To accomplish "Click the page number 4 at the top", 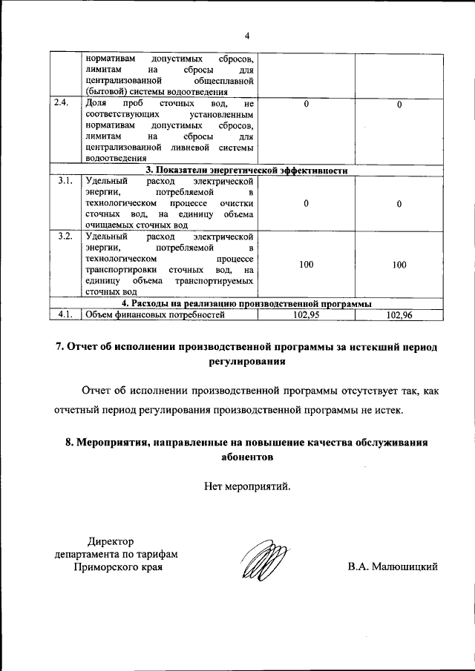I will pyautogui.click(x=246, y=35).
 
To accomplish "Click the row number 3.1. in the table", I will pyautogui.click(x=65, y=181).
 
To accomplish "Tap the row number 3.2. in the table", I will pyautogui.click(x=65, y=236).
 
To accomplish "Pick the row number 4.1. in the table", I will pyautogui.click(x=65, y=315).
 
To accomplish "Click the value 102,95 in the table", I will pyautogui.click(x=306, y=315).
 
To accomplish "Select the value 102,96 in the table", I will pyautogui.click(x=399, y=315).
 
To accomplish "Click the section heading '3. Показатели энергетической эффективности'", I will pyautogui.click(x=246, y=170).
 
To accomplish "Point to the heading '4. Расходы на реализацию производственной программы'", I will pyautogui.click(x=246, y=304).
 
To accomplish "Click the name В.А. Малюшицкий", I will pyautogui.click(x=393, y=567).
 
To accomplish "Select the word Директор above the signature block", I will pyautogui.click(x=108, y=541).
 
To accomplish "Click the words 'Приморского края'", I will pyautogui.click(x=119, y=567).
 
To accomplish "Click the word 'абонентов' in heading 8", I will pyautogui.click(x=247, y=457).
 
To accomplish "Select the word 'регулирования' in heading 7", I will pyautogui.click(x=246, y=363).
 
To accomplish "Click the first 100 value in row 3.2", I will pyautogui.click(x=306, y=264).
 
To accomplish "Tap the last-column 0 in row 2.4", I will pyautogui.click(x=399, y=105).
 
